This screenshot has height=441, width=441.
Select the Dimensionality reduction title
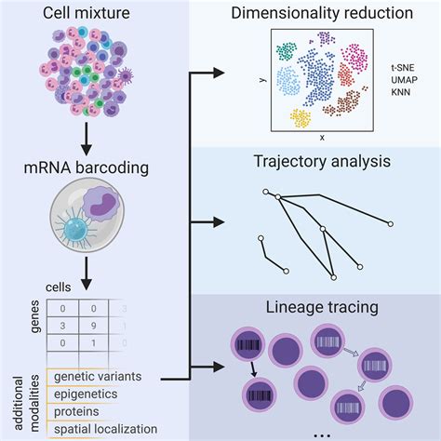coord(322,16)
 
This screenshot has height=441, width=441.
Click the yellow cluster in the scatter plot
coord(300,117)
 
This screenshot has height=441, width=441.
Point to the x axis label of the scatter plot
coord(321,137)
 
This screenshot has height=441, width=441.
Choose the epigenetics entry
coord(88,394)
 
